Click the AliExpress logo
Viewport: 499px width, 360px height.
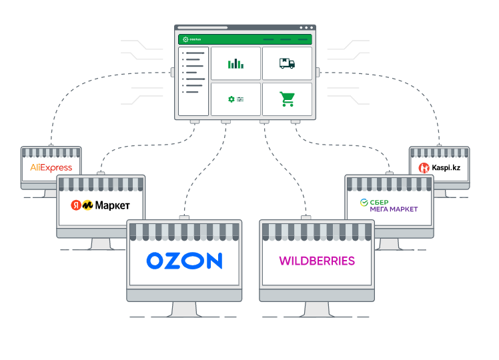pyautogui.click(x=51, y=168)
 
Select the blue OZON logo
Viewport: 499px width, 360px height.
pyautogui.click(x=184, y=260)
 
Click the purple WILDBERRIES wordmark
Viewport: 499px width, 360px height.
pyautogui.click(x=316, y=261)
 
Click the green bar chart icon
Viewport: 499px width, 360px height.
pyautogui.click(x=235, y=63)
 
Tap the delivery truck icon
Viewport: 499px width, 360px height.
pyautogui.click(x=287, y=63)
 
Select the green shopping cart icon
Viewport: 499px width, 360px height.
pyautogui.click(x=287, y=99)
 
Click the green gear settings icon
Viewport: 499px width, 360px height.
pyautogui.click(x=231, y=99)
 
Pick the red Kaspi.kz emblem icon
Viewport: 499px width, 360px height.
pyautogui.click(x=423, y=168)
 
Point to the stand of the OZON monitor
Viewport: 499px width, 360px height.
pyautogui.click(x=184, y=309)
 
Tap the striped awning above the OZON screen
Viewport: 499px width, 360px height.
pyautogui.click(x=184, y=231)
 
